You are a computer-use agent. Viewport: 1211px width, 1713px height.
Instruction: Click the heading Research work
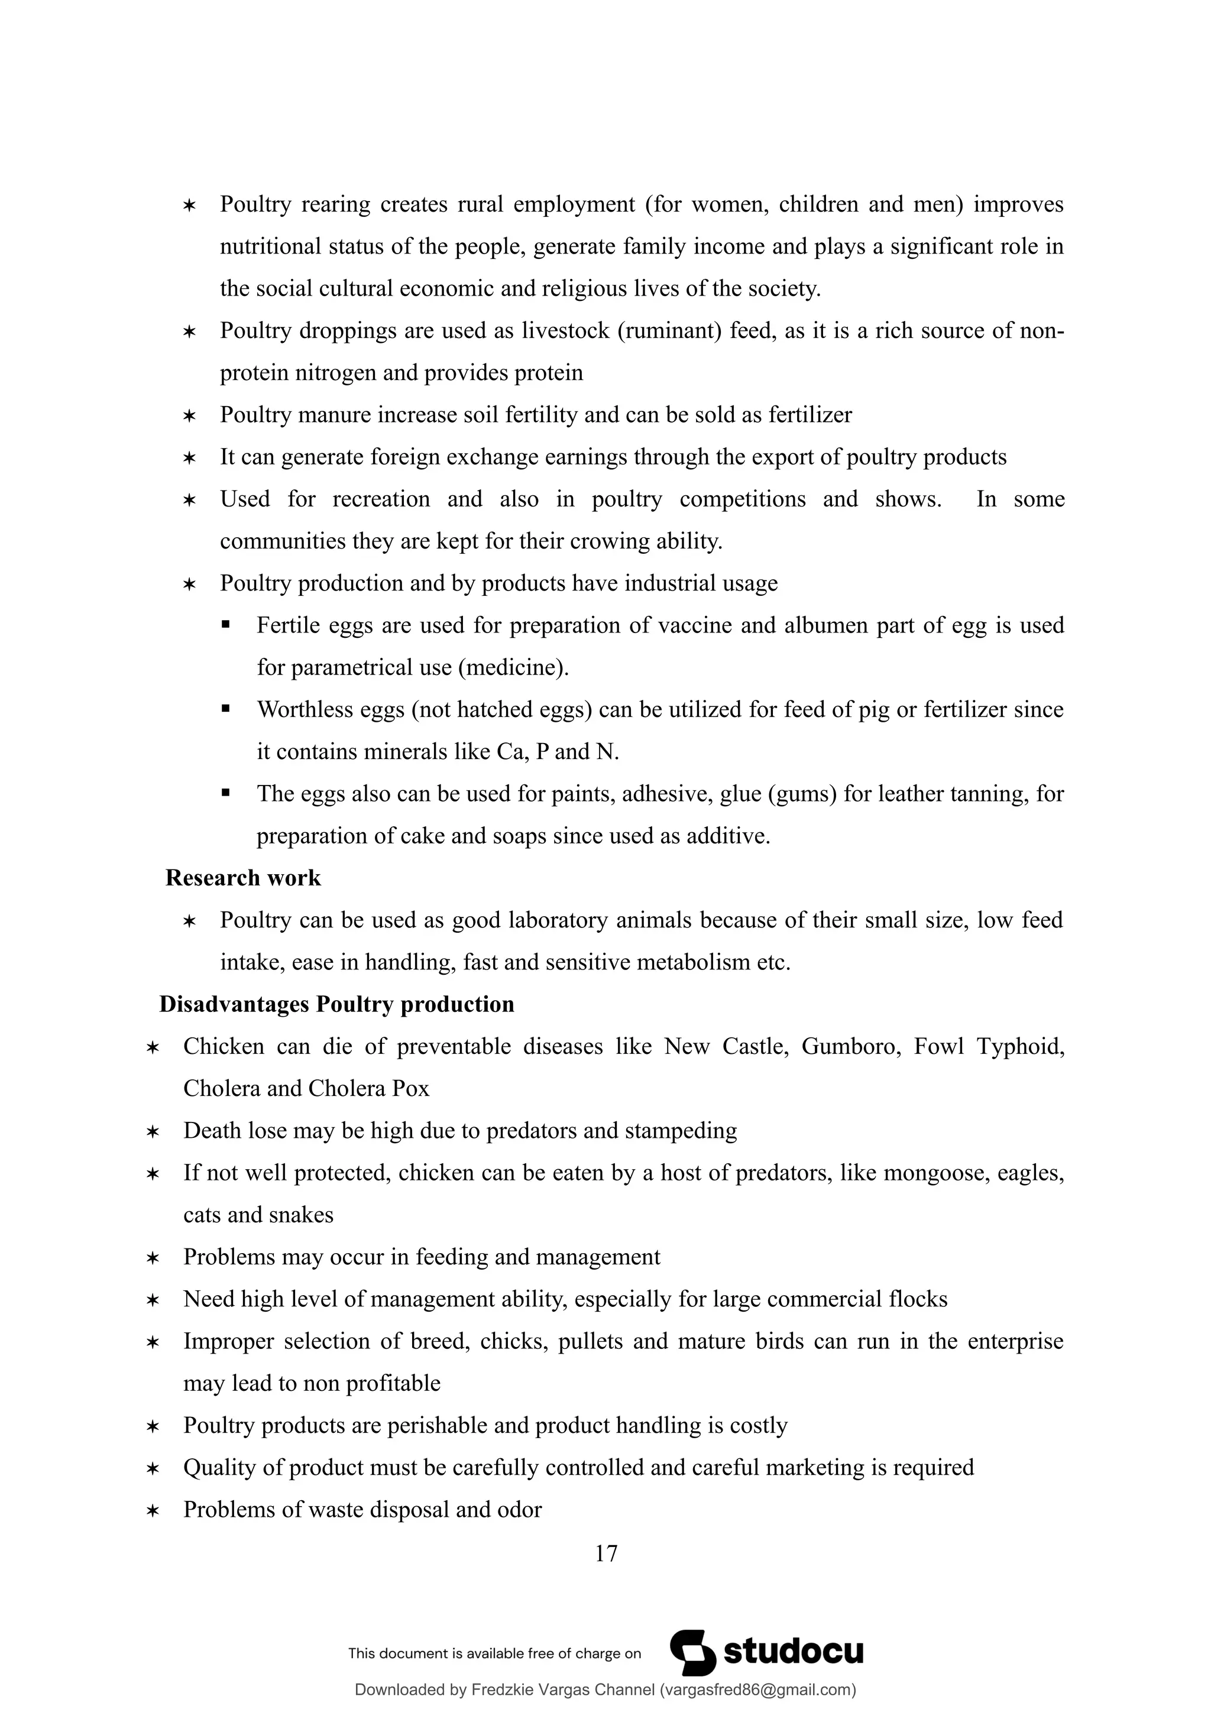(x=242, y=878)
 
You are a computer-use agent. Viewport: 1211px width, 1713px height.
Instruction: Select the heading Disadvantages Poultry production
(x=336, y=1004)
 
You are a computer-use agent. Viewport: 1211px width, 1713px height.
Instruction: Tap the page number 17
(x=606, y=1553)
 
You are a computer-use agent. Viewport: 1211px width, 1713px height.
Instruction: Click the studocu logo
(x=767, y=1652)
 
